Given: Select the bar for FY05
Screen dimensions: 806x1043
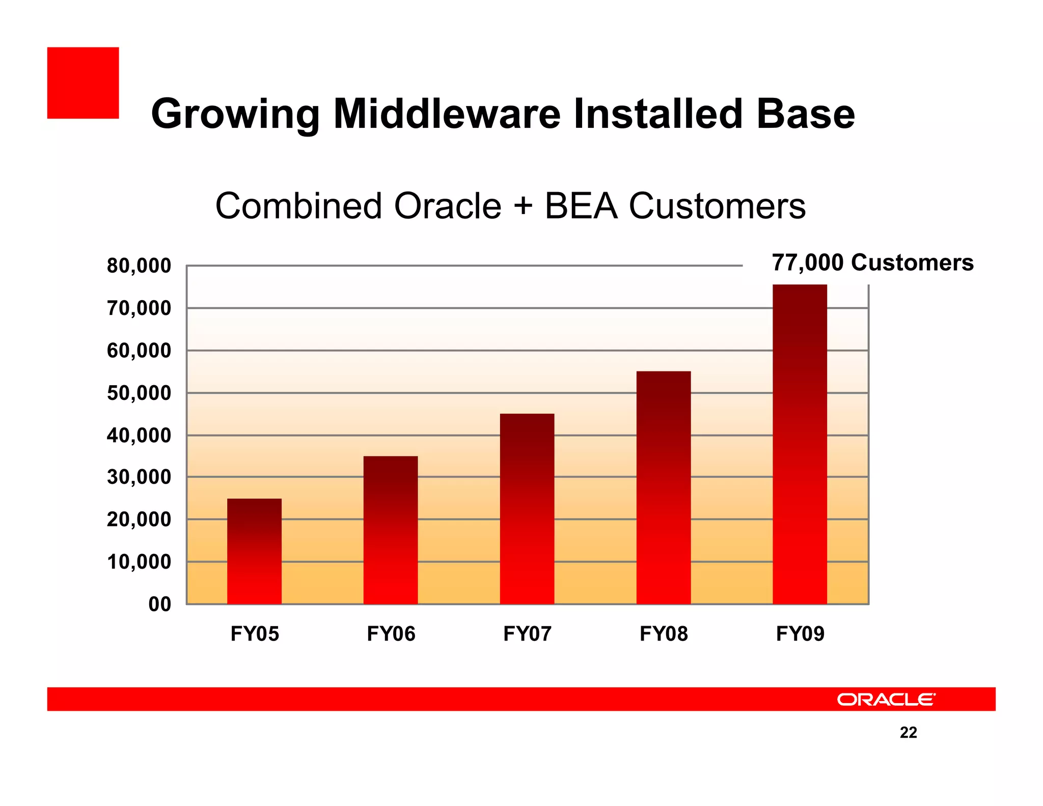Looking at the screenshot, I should pos(254,551).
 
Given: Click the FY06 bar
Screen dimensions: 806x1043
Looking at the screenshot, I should pos(391,530).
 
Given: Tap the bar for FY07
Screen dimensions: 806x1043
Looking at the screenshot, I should pos(527,508).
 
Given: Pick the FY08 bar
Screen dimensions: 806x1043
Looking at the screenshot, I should pos(664,488).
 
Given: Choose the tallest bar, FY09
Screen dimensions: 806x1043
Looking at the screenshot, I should pos(800,444).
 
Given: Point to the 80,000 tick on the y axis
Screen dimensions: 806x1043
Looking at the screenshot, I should pos(139,266).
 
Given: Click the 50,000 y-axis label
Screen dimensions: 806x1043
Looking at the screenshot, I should pos(139,393).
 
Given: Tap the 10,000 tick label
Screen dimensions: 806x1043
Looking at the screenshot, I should pos(139,562).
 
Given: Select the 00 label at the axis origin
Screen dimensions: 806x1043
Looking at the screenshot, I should pos(159,604).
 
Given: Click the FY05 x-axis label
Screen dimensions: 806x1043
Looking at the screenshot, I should pos(255,634).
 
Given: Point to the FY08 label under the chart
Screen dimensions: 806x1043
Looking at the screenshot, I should pos(664,634).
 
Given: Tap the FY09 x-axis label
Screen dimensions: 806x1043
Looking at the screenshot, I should pos(800,634).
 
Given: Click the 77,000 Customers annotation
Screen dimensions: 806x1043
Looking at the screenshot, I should pos(872,262).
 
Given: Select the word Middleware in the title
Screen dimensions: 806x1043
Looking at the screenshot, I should pos(447,114).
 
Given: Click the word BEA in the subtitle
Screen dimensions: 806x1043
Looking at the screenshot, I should pos(581,206).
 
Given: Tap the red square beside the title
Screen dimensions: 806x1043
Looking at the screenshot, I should pos(83,83).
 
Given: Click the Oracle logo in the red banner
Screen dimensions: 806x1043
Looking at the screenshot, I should pos(886,699).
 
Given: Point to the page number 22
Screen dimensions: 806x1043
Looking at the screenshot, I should pos(908,732).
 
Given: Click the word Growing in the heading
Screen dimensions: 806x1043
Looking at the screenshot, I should pos(235,114).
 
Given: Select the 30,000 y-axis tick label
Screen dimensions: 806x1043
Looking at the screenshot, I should pos(139,477).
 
